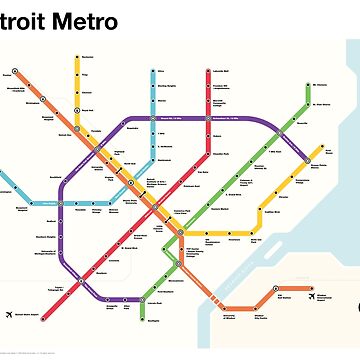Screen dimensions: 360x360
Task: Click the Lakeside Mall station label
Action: [x=222, y=73]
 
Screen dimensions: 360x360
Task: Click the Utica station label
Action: [x=159, y=72]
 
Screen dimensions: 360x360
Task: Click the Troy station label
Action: [x=86, y=74]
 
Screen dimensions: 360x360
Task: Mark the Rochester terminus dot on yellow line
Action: [x=78, y=56]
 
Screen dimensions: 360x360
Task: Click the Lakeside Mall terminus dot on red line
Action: [x=212, y=74]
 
